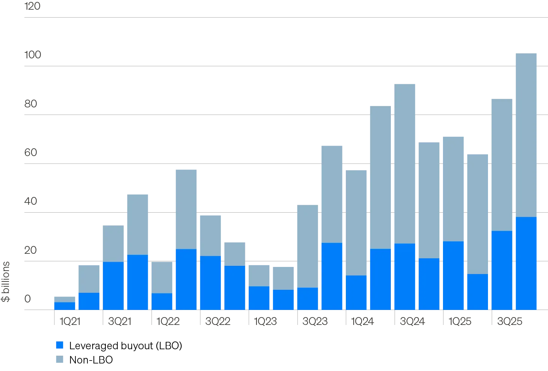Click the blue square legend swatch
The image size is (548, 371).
click(60, 346)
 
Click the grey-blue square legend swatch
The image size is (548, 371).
click(60, 360)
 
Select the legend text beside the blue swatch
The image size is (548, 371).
click(125, 346)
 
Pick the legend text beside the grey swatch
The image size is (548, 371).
click(91, 360)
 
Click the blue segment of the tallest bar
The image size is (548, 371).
click(525, 263)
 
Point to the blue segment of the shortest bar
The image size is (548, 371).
click(65, 306)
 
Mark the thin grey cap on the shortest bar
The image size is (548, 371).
click(65, 299)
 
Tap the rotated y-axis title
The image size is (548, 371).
click(6, 281)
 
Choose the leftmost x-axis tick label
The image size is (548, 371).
click(69, 321)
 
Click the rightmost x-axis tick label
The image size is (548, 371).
click(509, 321)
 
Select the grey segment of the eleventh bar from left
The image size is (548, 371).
click(308, 246)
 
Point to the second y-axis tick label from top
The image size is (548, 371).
click(33, 55)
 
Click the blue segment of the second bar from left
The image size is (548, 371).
click(89, 301)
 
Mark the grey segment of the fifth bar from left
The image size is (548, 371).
click(162, 277)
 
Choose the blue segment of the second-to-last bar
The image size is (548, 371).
click(501, 270)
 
